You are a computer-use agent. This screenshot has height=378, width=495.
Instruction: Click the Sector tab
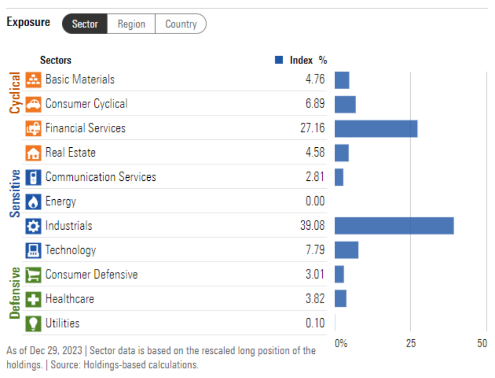tap(85, 24)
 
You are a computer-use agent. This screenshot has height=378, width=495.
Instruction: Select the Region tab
tap(131, 24)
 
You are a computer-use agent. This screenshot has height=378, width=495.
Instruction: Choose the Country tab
tap(181, 24)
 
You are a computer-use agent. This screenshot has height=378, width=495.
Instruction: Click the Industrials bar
tap(394, 226)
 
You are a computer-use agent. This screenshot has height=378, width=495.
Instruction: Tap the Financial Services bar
tap(376, 128)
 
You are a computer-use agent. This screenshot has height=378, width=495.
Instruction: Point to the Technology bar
tap(346, 250)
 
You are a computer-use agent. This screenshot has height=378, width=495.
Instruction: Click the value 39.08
tap(312, 226)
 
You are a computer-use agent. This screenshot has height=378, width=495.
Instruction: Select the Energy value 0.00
tap(315, 201)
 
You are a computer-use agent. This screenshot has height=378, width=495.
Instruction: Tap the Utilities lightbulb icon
tap(34, 323)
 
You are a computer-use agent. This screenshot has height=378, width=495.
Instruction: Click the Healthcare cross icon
tap(34, 299)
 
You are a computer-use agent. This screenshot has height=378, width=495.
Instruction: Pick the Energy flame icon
tap(34, 202)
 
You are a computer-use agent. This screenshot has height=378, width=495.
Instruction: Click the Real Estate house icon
tap(34, 153)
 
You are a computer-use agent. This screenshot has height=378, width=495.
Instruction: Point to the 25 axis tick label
tap(411, 344)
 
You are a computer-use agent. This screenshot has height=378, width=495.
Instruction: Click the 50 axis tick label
tap(482, 344)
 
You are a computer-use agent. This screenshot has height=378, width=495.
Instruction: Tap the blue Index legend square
tap(279, 60)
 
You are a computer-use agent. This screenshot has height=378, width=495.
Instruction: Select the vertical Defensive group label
tap(15, 293)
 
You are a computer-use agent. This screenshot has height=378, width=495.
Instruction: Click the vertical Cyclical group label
tap(15, 93)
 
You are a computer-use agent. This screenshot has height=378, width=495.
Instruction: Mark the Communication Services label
tap(101, 177)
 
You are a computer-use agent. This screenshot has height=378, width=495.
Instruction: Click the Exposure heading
tap(28, 23)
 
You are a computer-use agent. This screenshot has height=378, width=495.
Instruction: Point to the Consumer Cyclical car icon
tap(34, 104)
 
